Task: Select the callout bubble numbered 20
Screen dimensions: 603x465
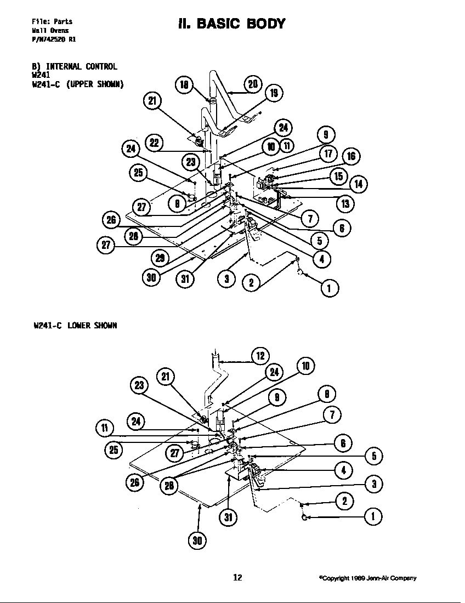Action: tap(252, 84)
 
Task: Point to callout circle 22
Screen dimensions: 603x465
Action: tap(154, 143)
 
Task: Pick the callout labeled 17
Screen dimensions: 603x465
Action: tap(328, 154)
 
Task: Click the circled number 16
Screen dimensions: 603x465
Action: tap(351, 157)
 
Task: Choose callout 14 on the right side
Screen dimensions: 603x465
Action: tap(358, 184)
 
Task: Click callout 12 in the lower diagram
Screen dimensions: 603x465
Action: tap(260, 356)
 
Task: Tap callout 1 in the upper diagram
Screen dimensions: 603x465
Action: tap(329, 288)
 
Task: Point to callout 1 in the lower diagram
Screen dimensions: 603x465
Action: tap(373, 516)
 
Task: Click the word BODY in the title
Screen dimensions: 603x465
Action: tap(261, 24)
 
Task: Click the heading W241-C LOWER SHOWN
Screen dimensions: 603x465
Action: tap(75, 325)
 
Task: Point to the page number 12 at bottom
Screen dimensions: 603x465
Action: tap(237, 577)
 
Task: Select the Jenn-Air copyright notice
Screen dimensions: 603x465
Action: tap(367, 578)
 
